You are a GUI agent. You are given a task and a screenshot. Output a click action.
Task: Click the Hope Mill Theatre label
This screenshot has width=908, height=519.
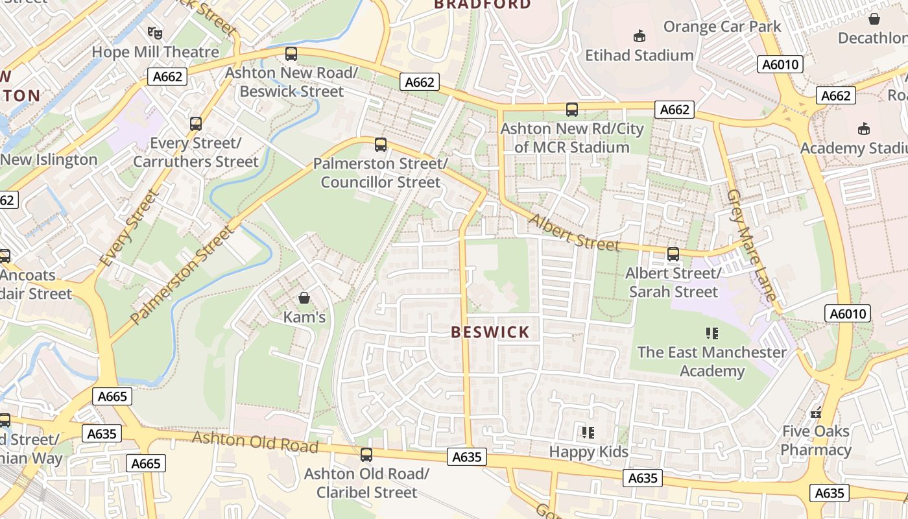pos(156,52)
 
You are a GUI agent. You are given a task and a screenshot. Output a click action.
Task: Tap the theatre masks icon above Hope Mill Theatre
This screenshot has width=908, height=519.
pos(154,32)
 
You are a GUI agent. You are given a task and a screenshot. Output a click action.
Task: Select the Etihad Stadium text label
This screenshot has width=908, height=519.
pos(639,56)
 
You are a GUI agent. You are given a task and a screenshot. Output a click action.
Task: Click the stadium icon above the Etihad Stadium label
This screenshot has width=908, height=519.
pos(639,35)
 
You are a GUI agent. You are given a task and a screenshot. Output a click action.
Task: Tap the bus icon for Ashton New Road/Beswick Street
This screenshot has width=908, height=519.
pos(291,54)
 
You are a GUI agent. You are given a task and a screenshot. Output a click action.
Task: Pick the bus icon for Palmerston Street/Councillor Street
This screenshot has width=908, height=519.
pos(381,145)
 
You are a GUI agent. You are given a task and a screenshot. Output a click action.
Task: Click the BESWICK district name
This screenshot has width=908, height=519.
pos(490,333)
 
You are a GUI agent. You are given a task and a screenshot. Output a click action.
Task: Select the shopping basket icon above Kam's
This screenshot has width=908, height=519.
pos(304,298)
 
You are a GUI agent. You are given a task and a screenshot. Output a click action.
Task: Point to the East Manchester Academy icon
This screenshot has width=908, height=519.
pos(711,333)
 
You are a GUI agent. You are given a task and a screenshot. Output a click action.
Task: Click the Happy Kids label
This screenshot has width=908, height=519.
pos(588,452)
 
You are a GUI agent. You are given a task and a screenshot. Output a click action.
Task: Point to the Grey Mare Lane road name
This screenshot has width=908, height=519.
pos(751,245)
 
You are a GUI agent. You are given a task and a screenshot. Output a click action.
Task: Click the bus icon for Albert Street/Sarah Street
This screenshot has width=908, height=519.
pos(673,254)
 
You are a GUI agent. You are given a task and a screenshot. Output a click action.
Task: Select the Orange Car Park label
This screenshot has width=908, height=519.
pos(722,27)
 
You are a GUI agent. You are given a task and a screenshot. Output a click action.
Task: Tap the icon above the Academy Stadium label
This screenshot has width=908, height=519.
pos(863,128)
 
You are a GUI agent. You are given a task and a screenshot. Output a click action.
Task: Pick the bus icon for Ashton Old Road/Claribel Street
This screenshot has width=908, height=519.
pos(366,455)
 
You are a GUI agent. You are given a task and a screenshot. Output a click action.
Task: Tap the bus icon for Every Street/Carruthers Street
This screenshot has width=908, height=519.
pos(195,123)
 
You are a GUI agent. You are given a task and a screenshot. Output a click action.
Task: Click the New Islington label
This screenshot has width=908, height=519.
pos(49,160)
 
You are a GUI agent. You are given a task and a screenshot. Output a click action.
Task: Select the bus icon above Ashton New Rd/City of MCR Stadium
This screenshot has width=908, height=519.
pos(571,110)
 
